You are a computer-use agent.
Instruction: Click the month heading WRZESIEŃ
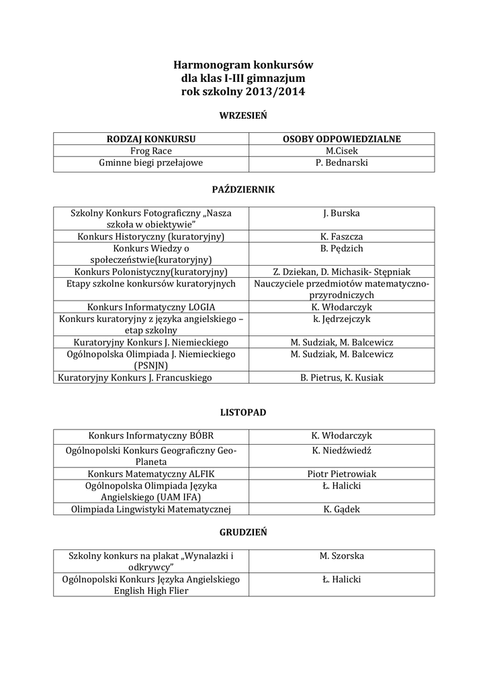243,115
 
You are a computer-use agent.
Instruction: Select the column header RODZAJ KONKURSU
151,139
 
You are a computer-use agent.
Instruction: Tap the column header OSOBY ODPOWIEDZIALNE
341,139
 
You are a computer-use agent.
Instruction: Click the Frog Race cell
151,151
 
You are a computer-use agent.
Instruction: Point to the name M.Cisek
341,151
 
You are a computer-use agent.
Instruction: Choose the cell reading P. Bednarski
341,162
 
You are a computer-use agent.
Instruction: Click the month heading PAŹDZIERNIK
243,190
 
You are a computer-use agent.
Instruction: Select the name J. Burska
341,213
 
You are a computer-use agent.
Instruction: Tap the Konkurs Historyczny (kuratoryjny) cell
151,237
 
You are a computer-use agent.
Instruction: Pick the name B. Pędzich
341,248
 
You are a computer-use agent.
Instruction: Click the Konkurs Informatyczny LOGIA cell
151,307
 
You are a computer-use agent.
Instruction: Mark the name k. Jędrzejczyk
341,319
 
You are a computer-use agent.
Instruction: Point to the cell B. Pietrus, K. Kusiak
341,378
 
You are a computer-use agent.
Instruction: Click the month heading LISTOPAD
243,413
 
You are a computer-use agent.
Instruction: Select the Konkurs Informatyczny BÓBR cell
151,436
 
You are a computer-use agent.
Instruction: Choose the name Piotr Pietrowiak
341,474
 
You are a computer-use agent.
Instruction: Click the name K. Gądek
341,509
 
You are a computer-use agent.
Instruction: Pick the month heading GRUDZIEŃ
243,532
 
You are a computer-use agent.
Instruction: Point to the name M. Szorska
341,556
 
